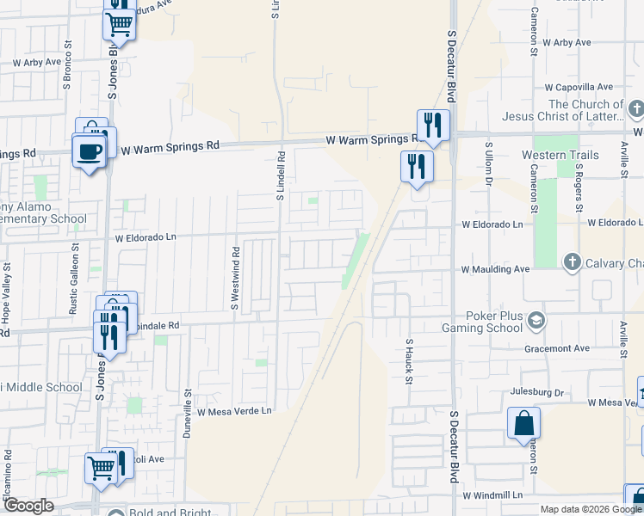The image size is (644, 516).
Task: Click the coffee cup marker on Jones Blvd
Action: tap(90, 152)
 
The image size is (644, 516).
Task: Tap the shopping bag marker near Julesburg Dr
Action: tap(523, 424)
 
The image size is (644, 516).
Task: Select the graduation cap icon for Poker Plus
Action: tap(537, 320)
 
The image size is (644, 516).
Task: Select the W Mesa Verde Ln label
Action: tap(234, 411)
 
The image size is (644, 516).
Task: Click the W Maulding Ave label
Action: tap(495, 269)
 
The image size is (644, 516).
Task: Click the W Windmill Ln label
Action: tap(492, 495)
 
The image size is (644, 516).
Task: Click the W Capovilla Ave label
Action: tap(573, 87)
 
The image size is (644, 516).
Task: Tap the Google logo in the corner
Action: tap(28, 506)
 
